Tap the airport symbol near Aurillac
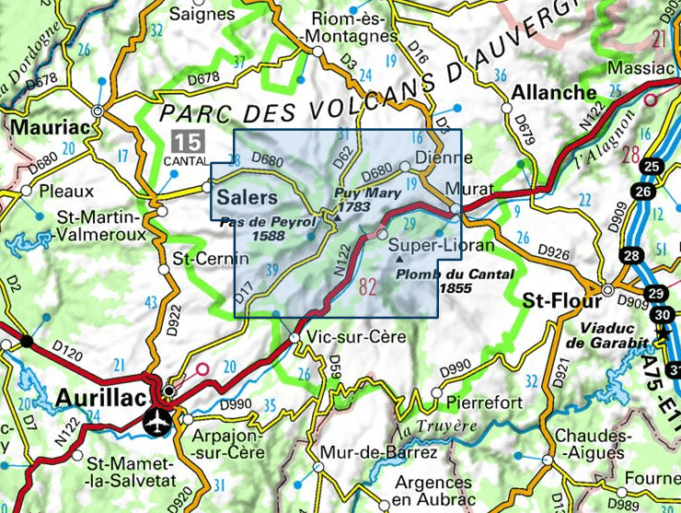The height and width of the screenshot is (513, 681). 157,422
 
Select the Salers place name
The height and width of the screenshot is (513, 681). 246,198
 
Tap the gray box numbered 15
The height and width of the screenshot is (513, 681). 186,142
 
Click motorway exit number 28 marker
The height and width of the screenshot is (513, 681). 631,256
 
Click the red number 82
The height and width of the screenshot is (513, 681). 368,286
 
